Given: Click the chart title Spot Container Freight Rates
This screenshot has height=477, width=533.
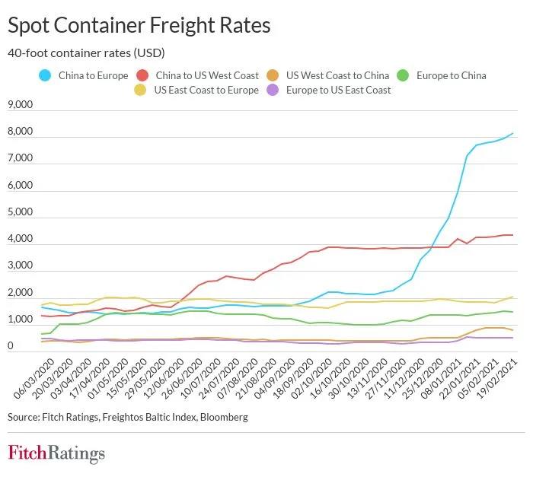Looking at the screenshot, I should (x=139, y=25).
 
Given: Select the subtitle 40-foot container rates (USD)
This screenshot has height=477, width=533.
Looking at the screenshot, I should (x=86, y=53).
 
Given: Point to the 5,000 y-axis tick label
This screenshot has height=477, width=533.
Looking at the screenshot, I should (x=20, y=212).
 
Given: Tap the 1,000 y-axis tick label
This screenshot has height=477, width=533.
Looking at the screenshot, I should (x=20, y=320).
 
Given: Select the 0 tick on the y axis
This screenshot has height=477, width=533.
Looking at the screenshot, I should (x=11, y=347).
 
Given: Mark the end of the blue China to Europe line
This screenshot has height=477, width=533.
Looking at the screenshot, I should (x=513, y=134).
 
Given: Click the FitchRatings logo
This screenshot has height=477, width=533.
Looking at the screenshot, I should (x=56, y=453).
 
